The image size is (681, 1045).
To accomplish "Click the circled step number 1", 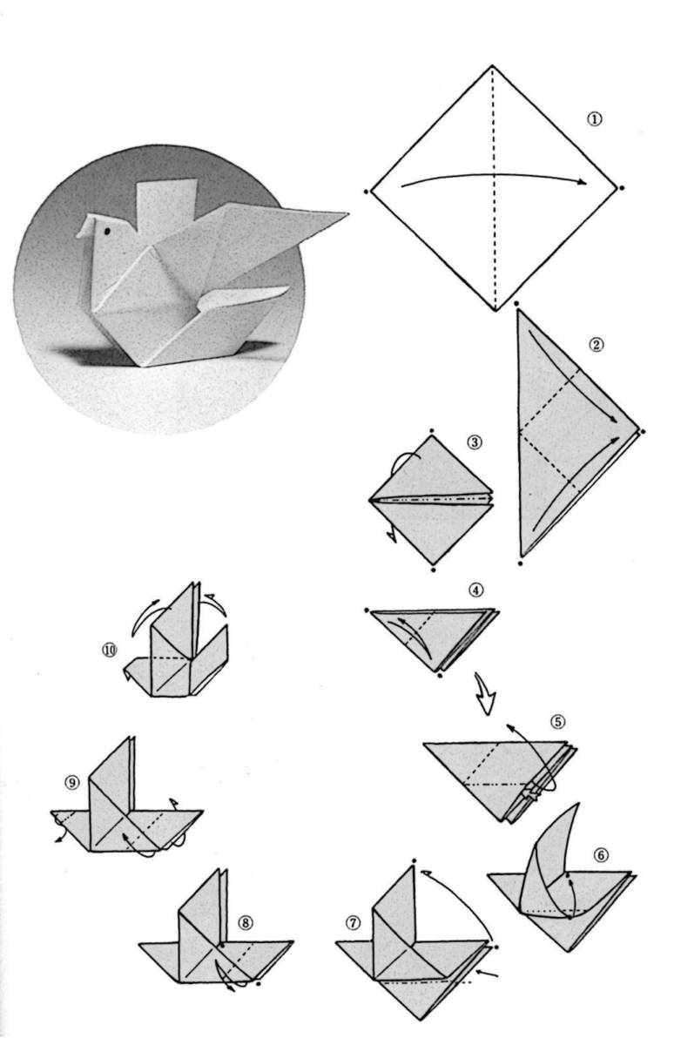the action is pyautogui.click(x=594, y=119).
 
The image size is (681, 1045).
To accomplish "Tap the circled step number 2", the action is pyautogui.click(x=596, y=345).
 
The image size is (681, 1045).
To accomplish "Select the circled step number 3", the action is pyautogui.click(x=475, y=442).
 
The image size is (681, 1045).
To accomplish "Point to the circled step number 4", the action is pyautogui.click(x=475, y=590).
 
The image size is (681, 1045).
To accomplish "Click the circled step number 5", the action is pyautogui.click(x=558, y=722).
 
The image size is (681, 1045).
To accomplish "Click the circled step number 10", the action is pyautogui.click(x=110, y=650).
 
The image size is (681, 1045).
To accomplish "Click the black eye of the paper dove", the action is pyautogui.click(x=108, y=230).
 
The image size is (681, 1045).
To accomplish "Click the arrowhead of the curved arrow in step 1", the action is pyautogui.click(x=581, y=182).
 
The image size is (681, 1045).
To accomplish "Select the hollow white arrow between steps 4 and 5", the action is pyautogui.click(x=483, y=694).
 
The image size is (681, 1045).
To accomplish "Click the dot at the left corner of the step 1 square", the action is pyautogui.click(x=366, y=191).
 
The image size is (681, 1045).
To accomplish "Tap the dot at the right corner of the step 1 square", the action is pyautogui.click(x=621, y=188).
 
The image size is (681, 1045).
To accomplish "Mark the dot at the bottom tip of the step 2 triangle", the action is pyautogui.click(x=520, y=563).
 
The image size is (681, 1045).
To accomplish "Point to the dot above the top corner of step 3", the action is pyautogui.click(x=432, y=430).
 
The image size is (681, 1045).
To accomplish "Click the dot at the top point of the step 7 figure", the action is pyautogui.click(x=414, y=860).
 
